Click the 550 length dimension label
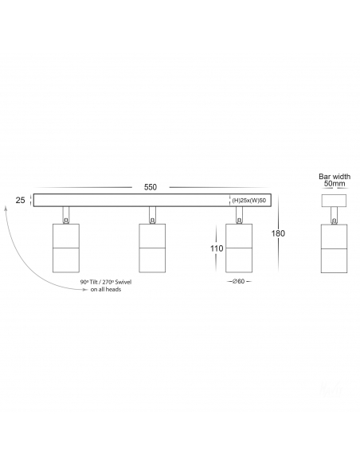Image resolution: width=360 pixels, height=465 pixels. [151, 187]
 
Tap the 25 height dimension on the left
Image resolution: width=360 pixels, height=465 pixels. [20, 200]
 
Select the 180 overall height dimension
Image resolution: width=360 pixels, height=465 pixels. [278, 233]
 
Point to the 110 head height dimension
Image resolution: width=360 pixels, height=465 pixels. [217, 248]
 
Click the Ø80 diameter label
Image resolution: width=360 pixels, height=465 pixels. [239, 281]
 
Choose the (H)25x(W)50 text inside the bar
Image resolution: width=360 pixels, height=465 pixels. [249, 201]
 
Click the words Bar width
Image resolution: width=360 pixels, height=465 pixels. [335, 177]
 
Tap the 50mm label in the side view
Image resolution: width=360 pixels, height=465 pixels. [335, 183]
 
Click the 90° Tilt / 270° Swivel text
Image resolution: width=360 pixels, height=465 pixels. [106, 282]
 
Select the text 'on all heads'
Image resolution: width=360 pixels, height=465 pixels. [106, 290]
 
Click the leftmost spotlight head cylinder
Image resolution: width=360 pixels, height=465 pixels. [66, 248]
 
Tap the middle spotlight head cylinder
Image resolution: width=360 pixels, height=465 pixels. [152, 248]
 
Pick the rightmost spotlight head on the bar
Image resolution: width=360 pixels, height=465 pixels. [239, 248]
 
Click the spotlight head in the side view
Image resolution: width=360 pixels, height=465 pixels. [335, 248]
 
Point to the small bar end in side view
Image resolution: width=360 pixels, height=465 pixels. [335, 200]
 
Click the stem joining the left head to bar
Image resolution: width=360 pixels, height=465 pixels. [66, 215]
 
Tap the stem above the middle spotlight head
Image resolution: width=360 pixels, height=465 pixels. [152, 215]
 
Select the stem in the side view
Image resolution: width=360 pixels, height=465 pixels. [335, 215]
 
